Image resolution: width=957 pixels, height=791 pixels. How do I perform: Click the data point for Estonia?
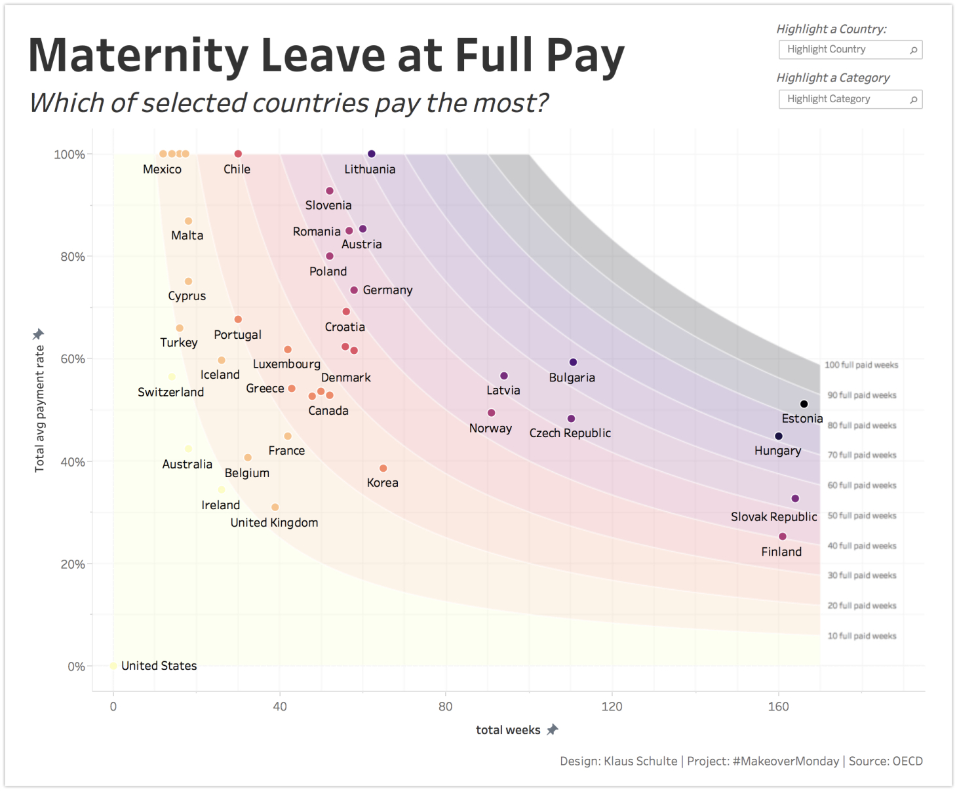click(x=804, y=404)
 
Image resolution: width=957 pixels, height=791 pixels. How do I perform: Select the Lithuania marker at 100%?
click(x=372, y=154)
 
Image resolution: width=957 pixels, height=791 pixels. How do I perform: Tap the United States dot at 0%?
click(x=113, y=666)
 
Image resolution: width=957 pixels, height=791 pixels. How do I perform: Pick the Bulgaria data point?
click(x=573, y=362)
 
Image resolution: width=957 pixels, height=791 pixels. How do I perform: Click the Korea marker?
click(x=383, y=469)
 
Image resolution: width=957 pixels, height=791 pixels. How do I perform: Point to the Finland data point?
click(x=782, y=537)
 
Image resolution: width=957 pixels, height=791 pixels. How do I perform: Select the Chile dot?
click(x=238, y=154)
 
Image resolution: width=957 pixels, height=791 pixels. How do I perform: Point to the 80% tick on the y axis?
click(x=73, y=257)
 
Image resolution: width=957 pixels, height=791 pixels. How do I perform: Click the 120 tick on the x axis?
click(x=612, y=706)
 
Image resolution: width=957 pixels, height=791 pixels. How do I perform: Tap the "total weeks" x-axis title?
click(x=508, y=730)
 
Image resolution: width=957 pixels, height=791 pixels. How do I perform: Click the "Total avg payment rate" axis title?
click(x=40, y=408)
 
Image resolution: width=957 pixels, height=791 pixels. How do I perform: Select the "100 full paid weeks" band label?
click(x=861, y=365)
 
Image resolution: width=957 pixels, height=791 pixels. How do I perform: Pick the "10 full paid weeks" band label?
click(x=861, y=636)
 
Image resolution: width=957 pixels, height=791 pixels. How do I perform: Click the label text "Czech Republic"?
click(x=570, y=433)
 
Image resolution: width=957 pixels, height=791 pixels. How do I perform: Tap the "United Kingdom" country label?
click(x=274, y=522)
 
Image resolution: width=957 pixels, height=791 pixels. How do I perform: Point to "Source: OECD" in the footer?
click(x=886, y=761)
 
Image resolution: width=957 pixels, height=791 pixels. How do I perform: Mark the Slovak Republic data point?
click(x=795, y=499)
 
